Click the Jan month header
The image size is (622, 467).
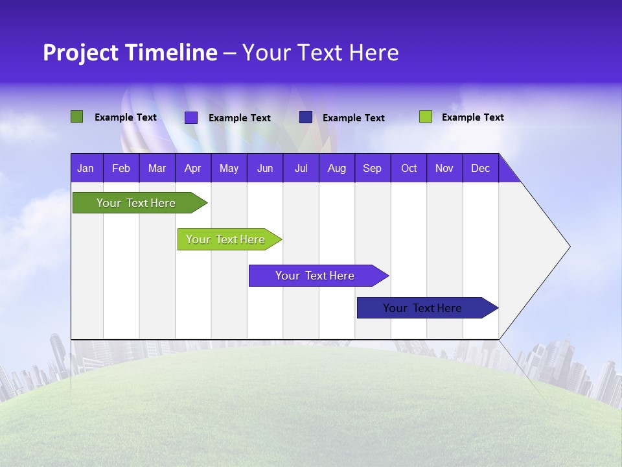pyautogui.click(x=86, y=168)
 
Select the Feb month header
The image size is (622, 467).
pyautogui.click(x=121, y=168)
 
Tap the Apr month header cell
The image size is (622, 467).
pyautogui.click(x=192, y=168)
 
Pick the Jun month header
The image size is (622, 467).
pyautogui.click(x=265, y=168)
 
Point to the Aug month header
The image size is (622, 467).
pyautogui.click(x=336, y=168)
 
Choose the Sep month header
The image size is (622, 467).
pyautogui.click(x=372, y=168)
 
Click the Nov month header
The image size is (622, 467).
pyautogui.click(x=444, y=168)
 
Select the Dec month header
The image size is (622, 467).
pyautogui.click(x=480, y=168)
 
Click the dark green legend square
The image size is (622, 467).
pyautogui.click(x=76, y=117)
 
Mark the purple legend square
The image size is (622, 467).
pyautogui.click(x=191, y=117)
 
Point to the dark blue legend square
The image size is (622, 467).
pyautogui.click(x=306, y=117)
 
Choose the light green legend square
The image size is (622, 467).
pyautogui.click(x=426, y=117)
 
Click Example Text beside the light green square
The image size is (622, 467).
pyautogui.click(x=472, y=117)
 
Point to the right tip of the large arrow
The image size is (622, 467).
pyautogui.click(x=569, y=246)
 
